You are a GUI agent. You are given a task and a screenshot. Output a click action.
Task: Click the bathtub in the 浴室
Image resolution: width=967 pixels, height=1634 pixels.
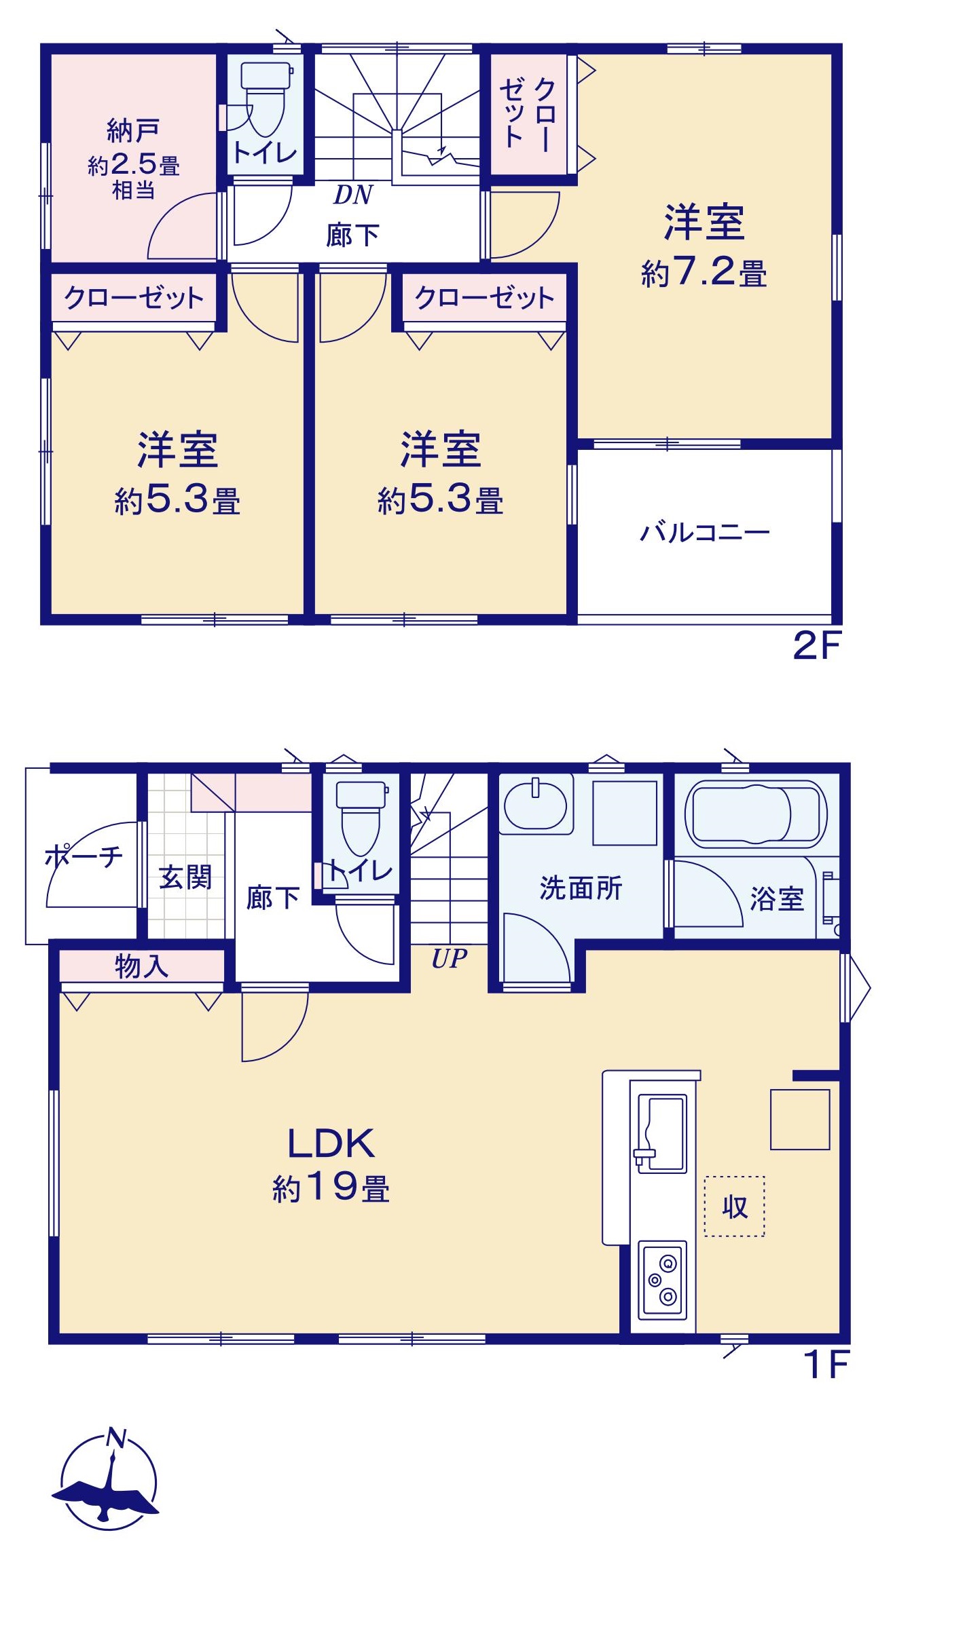(756, 814)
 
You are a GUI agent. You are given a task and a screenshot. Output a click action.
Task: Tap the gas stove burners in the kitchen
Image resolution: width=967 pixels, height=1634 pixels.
(663, 1280)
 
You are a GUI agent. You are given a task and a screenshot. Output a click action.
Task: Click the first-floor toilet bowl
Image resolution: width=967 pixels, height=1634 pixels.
(361, 819)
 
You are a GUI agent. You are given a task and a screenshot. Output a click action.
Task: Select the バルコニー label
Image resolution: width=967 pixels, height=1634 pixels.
(705, 532)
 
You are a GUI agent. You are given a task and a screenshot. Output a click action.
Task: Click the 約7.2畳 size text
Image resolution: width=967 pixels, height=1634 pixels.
(704, 273)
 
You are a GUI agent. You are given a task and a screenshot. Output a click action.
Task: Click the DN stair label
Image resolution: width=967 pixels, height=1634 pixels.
(353, 195)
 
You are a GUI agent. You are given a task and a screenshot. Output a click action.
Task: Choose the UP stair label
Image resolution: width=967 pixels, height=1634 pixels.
(450, 958)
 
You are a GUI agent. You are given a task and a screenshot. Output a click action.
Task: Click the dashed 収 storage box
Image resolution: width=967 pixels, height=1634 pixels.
(734, 1206)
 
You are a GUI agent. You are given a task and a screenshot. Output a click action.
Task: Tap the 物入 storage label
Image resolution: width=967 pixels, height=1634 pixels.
(141, 966)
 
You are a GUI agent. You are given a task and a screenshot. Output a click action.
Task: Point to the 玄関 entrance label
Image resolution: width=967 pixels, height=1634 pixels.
(185, 877)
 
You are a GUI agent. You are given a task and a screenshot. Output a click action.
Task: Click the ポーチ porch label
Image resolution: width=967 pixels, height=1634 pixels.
(84, 856)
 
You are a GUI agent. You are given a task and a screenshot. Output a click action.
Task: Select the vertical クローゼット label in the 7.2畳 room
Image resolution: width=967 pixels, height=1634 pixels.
(528, 113)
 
